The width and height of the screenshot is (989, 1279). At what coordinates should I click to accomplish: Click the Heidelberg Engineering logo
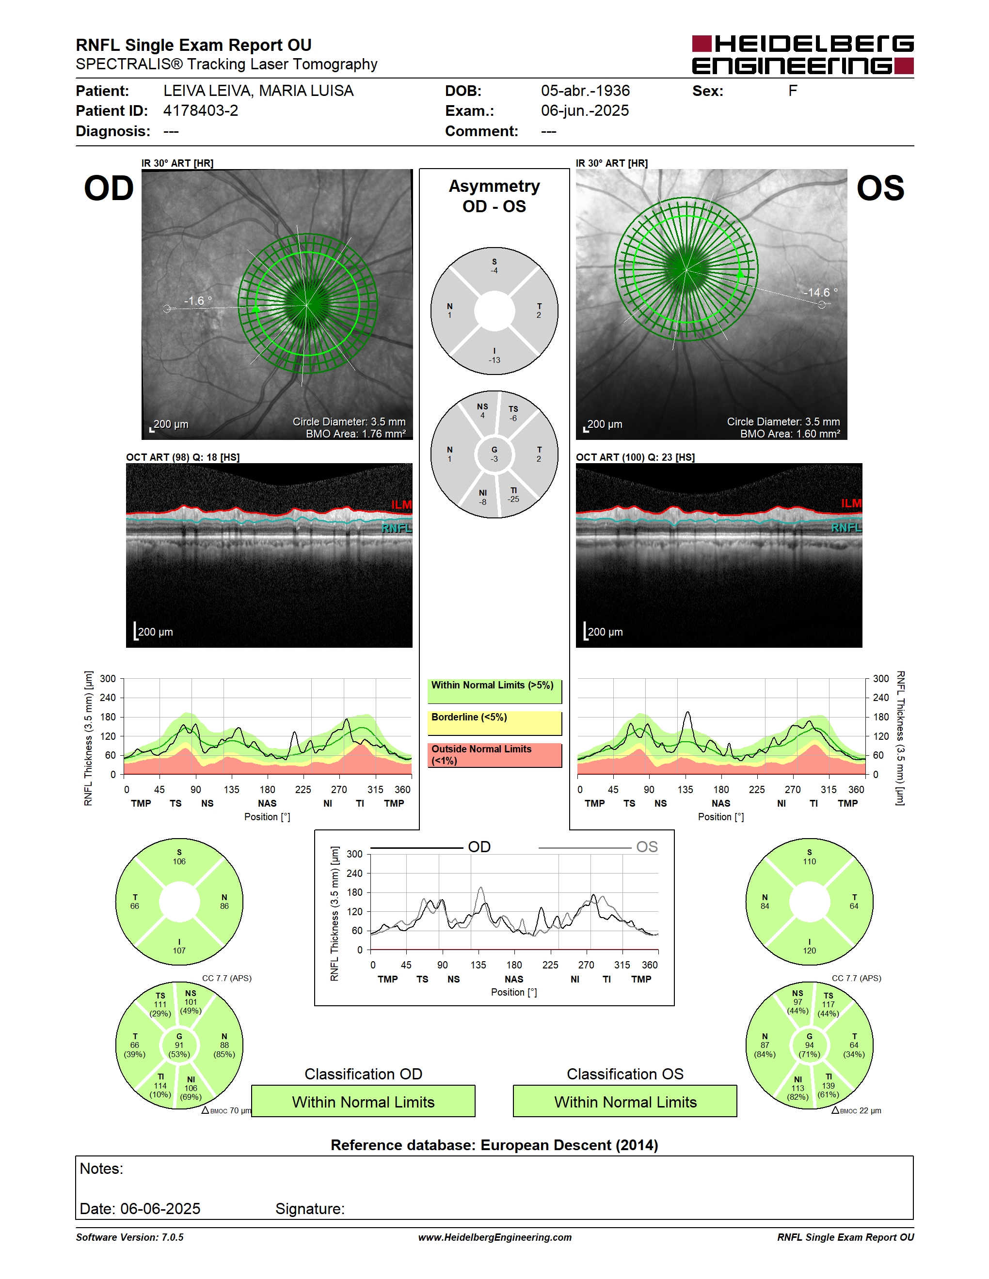coord(803,54)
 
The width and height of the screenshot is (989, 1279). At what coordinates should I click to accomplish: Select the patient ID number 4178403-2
coord(200,110)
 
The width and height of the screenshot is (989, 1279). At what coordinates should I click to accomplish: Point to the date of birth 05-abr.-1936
coord(585,91)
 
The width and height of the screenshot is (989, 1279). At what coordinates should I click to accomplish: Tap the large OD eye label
coord(109,188)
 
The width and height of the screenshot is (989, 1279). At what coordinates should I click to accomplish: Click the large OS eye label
coord(880,188)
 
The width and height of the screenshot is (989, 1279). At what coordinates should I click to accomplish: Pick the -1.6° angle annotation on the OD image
coord(198,300)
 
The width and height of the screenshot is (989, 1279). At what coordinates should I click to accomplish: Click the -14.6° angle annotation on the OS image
coord(820,292)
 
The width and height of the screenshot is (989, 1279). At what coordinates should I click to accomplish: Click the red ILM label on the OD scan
coord(401,505)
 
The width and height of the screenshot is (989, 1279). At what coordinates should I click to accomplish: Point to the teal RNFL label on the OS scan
coord(846,528)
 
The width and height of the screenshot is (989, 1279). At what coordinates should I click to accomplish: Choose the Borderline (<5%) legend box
coord(494,723)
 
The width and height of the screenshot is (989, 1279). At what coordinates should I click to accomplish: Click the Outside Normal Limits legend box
coord(494,755)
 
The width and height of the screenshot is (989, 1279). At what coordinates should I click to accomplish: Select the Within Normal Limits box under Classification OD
coord(363,1101)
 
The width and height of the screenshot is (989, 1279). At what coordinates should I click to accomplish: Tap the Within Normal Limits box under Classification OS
coord(625,1101)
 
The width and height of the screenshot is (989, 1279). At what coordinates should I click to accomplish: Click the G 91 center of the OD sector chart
coord(179,1045)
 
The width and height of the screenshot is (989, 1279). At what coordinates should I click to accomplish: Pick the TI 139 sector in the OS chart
coord(828,1085)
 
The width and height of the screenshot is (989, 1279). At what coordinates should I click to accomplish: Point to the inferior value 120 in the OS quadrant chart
coord(809,951)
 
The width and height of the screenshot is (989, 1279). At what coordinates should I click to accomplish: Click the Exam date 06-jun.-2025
coord(585,110)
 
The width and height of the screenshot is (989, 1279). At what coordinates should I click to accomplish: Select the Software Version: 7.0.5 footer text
coord(129,1237)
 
